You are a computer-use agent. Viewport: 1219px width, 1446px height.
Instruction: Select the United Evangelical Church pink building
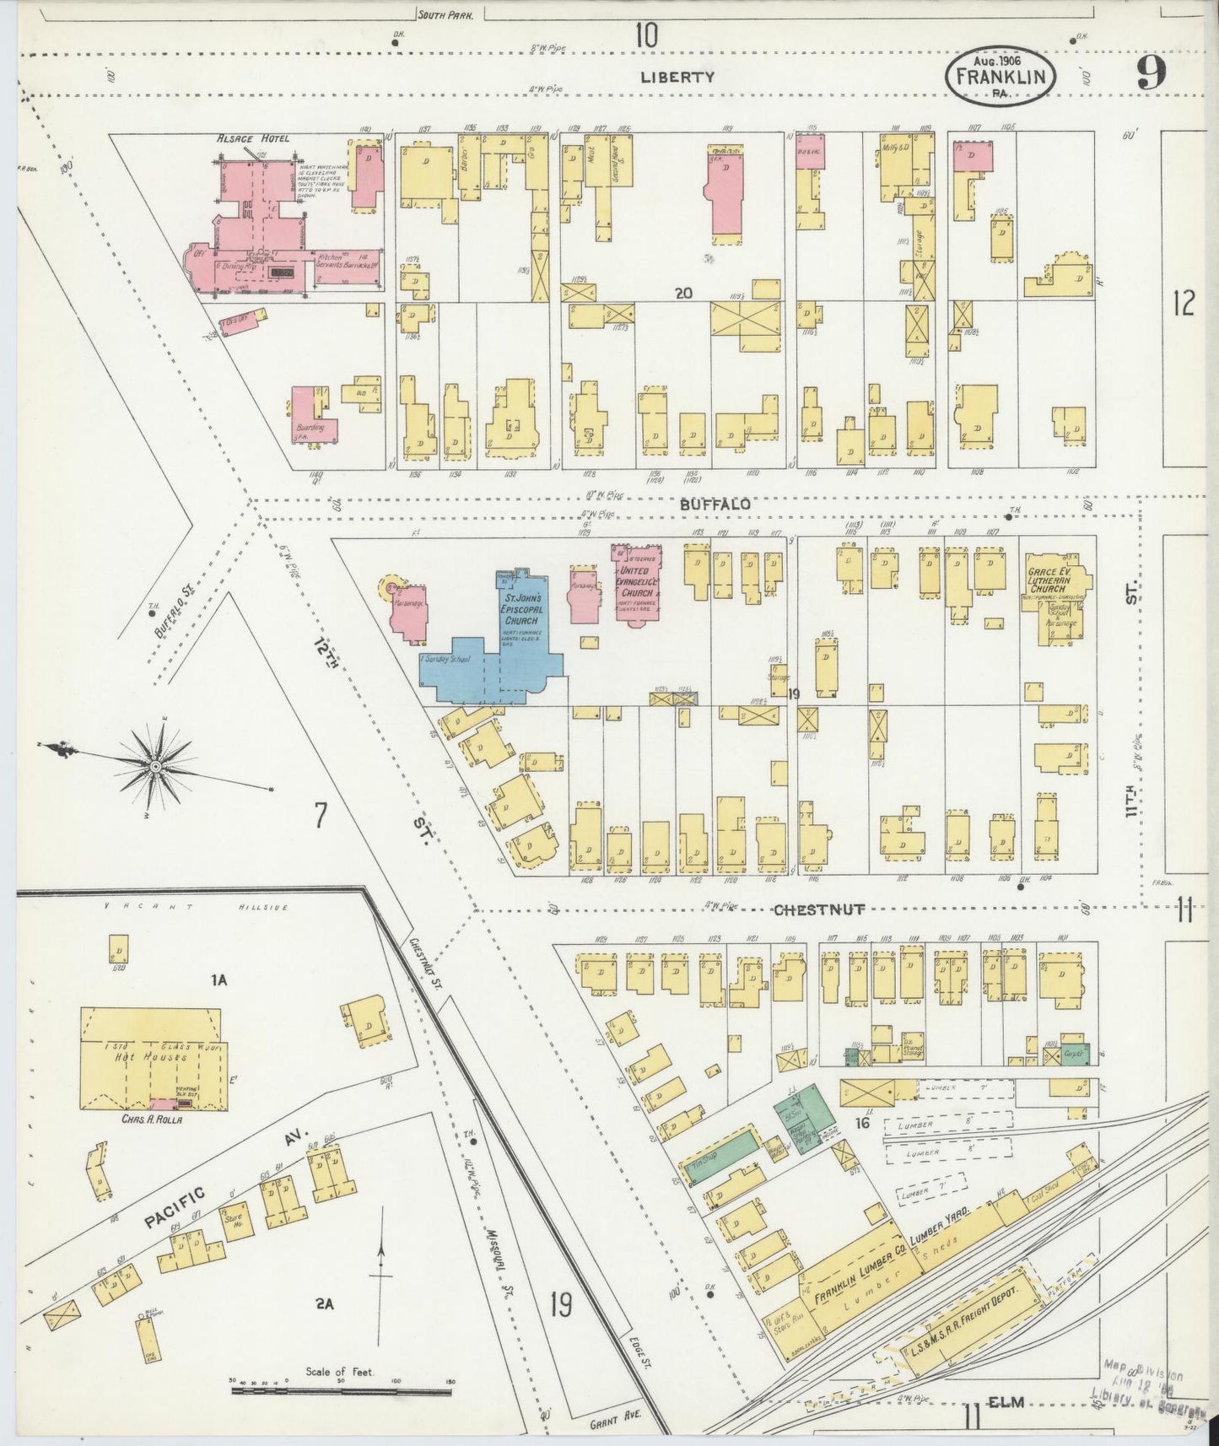[639, 582]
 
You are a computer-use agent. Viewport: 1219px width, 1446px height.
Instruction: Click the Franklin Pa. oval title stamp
[1001, 76]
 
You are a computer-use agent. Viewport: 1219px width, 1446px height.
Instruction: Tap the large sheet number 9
[1152, 73]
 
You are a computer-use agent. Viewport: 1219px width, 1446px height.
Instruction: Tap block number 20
[683, 294]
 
